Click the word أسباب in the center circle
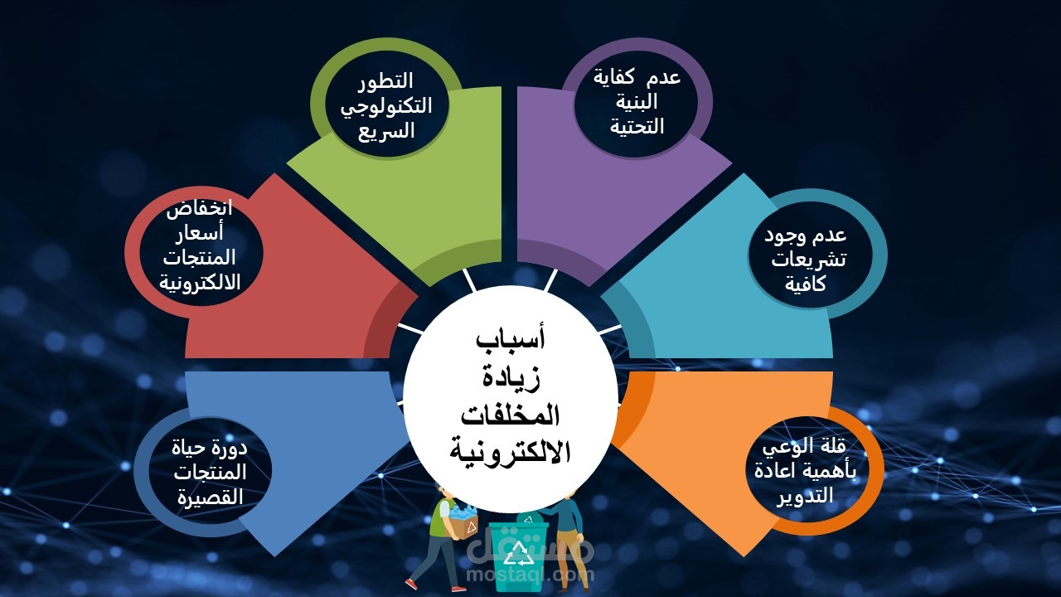click(x=511, y=340)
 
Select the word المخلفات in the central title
click(x=511, y=415)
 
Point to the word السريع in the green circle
click(x=386, y=131)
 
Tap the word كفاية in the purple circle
click(x=614, y=77)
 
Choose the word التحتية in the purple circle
click(x=637, y=127)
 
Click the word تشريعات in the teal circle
click(x=808, y=260)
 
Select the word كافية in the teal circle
click(x=805, y=284)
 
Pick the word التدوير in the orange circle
click(x=805, y=496)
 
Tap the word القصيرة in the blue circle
click(x=211, y=497)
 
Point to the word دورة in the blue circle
click(x=230, y=448)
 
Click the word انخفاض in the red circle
click(x=199, y=209)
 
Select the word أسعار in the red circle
click(x=200, y=233)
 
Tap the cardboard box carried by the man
click(x=463, y=525)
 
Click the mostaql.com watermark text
click(x=530, y=575)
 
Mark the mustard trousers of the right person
click(x=569, y=556)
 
